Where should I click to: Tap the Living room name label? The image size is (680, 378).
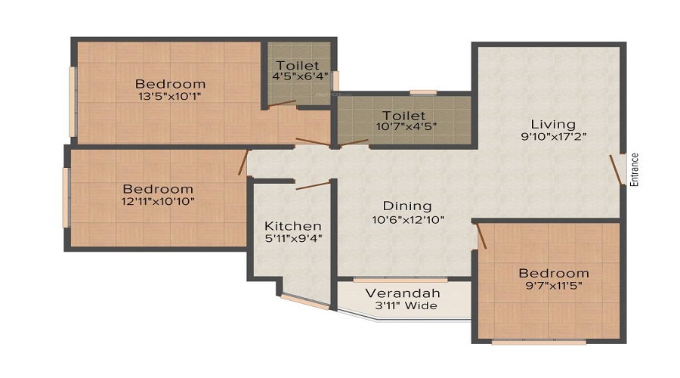552,124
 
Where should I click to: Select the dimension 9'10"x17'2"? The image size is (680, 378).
552,137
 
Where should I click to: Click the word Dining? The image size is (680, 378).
406,206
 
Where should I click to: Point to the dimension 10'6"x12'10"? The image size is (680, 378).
406,219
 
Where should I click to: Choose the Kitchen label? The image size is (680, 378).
293,226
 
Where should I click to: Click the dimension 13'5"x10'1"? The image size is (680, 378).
170,96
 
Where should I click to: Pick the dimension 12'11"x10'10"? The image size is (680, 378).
159,202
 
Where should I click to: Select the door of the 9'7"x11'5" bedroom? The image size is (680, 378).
479,236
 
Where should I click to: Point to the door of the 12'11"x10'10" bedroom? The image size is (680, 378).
244,163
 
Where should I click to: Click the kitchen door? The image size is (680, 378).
312,185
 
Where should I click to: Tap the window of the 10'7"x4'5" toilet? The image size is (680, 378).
423,92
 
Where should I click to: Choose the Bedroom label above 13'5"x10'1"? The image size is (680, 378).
170,83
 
